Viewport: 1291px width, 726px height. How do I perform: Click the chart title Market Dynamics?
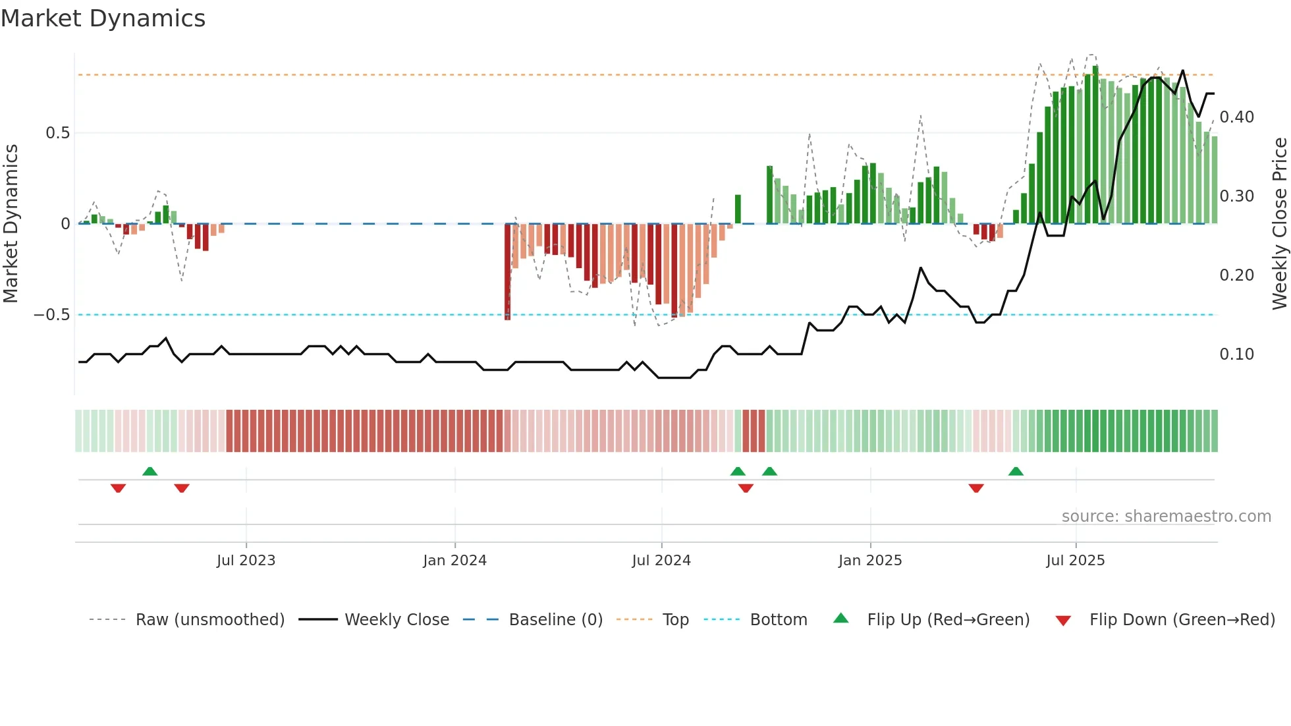coord(103,18)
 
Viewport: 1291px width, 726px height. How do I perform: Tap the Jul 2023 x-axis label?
coord(246,561)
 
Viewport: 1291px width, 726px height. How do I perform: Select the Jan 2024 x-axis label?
coord(454,561)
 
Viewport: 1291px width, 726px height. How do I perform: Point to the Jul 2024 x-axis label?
coord(661,561)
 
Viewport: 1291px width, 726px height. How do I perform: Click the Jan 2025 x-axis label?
coord(870,561)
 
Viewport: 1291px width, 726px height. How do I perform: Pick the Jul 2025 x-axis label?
coord(1076,561)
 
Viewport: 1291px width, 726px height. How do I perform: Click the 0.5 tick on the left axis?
coord(57,133)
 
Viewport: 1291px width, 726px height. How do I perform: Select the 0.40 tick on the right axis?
coord(1236,117)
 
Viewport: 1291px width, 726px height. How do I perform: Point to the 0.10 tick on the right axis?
coord(1236,354)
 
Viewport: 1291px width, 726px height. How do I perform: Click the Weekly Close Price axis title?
coord(1279,223)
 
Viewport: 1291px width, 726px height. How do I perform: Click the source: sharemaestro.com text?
coord(1166,517)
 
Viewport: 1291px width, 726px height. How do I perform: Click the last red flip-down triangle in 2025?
coord(976,488)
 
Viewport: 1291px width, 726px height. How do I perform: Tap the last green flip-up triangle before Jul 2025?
coord(1016,471)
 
